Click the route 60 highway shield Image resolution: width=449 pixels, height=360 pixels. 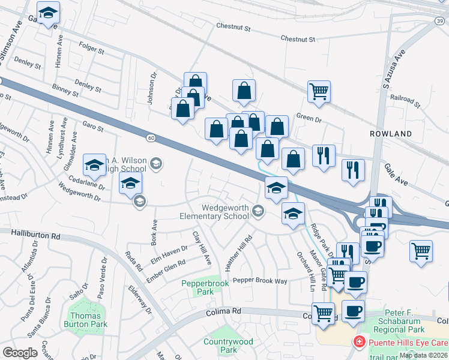coord(151,139)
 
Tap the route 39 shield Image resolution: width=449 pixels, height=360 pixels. coord(440,20)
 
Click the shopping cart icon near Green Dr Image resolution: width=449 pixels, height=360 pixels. coord(318,91)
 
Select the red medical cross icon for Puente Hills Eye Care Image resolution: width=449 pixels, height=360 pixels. coord(359,343)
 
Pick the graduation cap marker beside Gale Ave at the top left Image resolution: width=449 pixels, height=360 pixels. coord(48,12)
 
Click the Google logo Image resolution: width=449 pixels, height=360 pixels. coord(20,353)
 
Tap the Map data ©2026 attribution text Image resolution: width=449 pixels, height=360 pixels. coord(423,355)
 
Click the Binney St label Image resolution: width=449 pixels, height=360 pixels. coord(65,91)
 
